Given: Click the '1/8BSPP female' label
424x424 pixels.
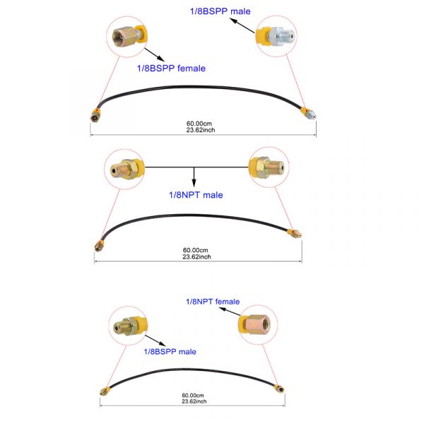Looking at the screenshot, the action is coord(171,68).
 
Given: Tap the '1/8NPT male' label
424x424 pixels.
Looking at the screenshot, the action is coord(196,195).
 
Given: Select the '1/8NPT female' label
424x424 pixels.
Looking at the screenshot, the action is coord(213,302).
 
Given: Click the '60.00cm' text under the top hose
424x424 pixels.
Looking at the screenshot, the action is coord(199,124).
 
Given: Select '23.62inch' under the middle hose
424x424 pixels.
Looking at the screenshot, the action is coord(196,257).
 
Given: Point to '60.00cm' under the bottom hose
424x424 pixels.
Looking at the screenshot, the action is coord(193,395).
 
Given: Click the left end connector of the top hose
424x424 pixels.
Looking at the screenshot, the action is coord(95,115).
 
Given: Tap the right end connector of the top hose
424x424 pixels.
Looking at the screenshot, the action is coord(308,113).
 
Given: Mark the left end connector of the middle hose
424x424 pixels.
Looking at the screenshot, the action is coord(99,245).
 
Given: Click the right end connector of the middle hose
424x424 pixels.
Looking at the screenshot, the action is coord(295,234).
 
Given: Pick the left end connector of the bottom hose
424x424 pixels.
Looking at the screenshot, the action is coord(105,391).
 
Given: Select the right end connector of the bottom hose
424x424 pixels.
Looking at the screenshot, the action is coord(279,389).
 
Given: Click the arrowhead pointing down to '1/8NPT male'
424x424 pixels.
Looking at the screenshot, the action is coord(194,183).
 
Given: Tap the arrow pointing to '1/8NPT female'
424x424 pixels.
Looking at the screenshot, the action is coord(230,312).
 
